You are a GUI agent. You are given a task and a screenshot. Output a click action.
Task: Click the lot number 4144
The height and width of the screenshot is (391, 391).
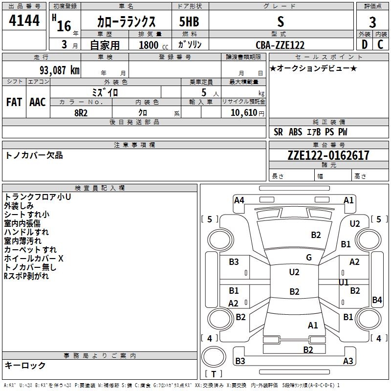pyautogui.click(x=24, y=21)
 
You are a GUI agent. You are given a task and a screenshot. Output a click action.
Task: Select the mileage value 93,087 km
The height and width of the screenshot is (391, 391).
pyautogui.click(x=60, y=70)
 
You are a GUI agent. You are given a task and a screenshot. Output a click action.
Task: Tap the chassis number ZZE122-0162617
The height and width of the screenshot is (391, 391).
pyautogui.click(x=328, y=155)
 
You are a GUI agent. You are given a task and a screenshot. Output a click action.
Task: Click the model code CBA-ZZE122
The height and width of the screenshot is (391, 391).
pyautogui.click(x=280, y=45)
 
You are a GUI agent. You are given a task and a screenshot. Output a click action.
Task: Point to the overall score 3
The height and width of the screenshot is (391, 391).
pyautogui.click(x=372, y=22)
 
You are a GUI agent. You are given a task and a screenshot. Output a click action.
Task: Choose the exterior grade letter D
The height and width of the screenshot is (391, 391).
pyautogui.click(x=365, y=44)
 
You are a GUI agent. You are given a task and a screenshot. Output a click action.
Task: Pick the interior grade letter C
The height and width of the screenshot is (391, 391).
pyautogui.click(x=380, y=44)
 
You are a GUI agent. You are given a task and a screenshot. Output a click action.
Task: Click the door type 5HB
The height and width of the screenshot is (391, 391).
pyautogui.click(x=189, y=22)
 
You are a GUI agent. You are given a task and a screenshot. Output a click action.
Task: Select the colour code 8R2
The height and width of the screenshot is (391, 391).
pyautogui.click(x=81, y=113)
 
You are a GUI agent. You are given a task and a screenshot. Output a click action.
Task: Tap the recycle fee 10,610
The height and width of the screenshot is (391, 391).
pyautogui.click(x=244, y=113)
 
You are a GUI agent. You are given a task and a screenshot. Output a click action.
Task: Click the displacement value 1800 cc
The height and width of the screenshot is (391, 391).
pyautogui.click(x=153, y=45)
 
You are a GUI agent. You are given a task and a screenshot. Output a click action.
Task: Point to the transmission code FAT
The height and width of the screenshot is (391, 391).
pyautogui.click(x=14, y=102)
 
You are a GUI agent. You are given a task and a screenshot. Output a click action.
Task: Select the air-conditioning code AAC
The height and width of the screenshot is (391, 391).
pyautogui.click(x=38, y=102)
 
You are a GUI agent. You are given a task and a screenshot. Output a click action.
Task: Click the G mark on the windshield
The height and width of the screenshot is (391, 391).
pyautogui.click(x=309, y=258)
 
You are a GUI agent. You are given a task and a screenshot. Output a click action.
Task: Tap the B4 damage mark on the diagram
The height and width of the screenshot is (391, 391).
pyautogui.click(x=377, y=300)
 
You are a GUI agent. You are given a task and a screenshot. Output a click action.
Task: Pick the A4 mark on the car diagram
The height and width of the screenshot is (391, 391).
pyautogui.click(x=239, y=200)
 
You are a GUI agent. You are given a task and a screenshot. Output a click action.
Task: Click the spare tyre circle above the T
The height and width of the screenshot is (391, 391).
pyautogui.click(x=214, y=356)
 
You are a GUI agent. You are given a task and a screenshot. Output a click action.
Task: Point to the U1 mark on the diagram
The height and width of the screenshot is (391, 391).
pyautogui.click(x=344, y=282)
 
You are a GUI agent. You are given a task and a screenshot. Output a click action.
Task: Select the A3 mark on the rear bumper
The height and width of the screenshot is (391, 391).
pyautogui.click(x=348, y=361)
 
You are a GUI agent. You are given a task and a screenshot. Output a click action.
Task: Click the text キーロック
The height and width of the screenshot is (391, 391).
pyautogui.click(x=25, y=365)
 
